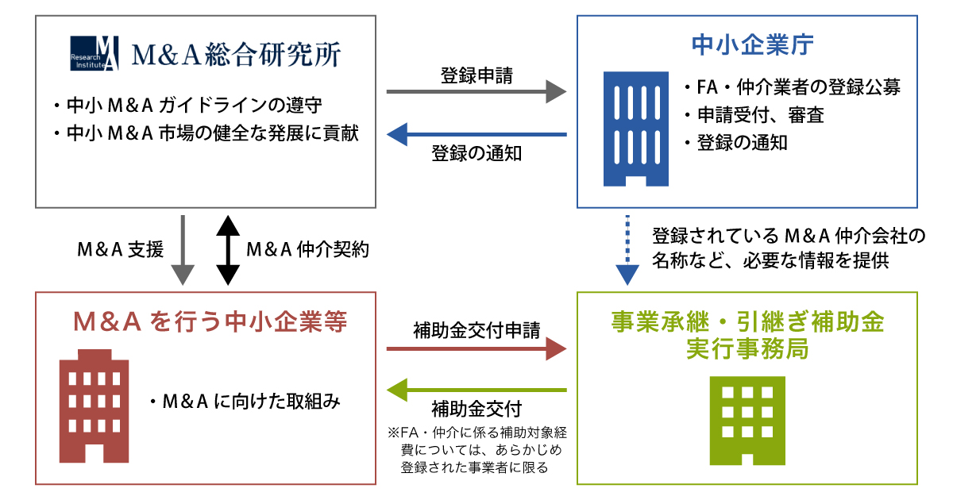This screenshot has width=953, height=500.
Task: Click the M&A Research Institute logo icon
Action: (x=95, y=54)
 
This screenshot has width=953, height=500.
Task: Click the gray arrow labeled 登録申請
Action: (x=476, y=93)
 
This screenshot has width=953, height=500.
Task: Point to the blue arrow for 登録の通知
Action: (x=476, y=134)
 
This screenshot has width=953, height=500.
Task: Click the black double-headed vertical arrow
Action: (x=228, y=250)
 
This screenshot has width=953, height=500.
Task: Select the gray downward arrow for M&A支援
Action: (x=183, y=250)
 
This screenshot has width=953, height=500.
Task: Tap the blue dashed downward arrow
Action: (x=627, y=250)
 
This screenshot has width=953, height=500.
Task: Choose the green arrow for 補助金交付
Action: (x=476, y=390)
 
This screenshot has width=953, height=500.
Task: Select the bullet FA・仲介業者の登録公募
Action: (x=791, y=87)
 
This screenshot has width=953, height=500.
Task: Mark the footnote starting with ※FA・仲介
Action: (x=476, y=450)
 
